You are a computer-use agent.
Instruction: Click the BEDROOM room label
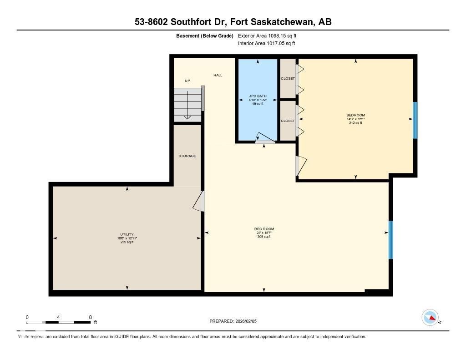click(x=355, y=115)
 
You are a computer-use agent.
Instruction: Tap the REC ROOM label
click(x=264, y=229)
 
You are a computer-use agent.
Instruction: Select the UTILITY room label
click(x=127, y=234)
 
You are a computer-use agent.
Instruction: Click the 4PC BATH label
click(x=258, y=96)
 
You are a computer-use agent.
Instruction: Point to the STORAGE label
click(x=187, y=156)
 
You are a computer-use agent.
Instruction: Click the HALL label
click(x=218, y=75)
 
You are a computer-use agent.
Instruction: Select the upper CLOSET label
click(x=288, y=79)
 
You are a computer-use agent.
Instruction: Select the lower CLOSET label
click(x=288, y=121)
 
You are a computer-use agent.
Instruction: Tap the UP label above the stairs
click(x=187, y=81)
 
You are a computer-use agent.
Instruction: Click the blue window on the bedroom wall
click(x=415, y=120)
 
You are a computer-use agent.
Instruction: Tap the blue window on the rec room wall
click(x=390, y=240)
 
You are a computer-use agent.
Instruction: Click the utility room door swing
click(x=198, y=201)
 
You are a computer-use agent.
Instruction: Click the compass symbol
click(x=430, y=317)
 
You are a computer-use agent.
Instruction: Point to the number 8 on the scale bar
click(x=91, y=317)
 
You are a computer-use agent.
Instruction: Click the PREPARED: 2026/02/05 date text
click(x=236, y=321)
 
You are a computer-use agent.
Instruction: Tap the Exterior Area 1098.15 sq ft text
click(x=267, y=35)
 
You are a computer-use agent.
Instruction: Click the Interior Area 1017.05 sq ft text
click(x=267, y=44)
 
